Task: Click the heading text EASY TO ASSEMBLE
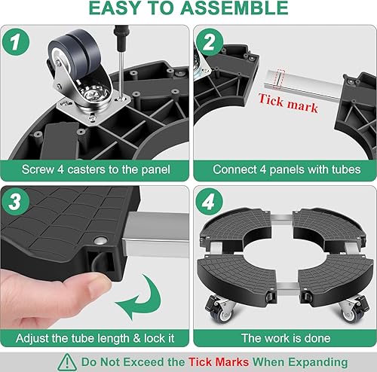coord(188,10)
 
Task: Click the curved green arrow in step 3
coord(144,301)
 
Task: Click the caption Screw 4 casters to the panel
coord(93,169)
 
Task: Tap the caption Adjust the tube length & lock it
coord(93,337)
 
